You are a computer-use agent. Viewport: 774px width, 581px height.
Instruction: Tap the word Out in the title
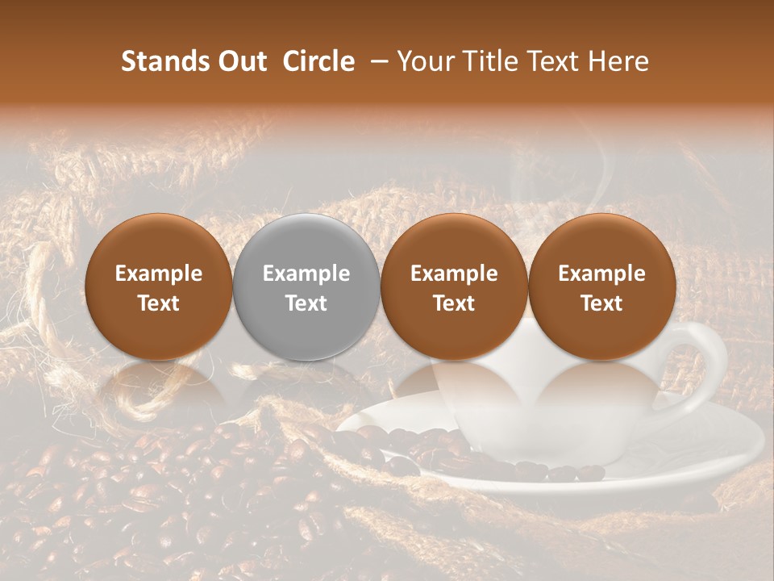click(x=242, y=61)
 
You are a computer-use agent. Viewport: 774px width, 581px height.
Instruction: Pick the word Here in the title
click(x=618, y=61)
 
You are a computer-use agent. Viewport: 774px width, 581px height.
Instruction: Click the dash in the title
click(x=376, y=62)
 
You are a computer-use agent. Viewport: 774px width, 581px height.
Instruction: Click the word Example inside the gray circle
click(x=306, y=274)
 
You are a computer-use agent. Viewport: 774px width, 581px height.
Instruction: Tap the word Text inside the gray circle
click(x=306, y=303)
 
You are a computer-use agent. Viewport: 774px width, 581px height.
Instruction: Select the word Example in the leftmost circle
click(x=159, y=274)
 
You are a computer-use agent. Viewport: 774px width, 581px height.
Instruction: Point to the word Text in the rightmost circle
click(x=601, y=303)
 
